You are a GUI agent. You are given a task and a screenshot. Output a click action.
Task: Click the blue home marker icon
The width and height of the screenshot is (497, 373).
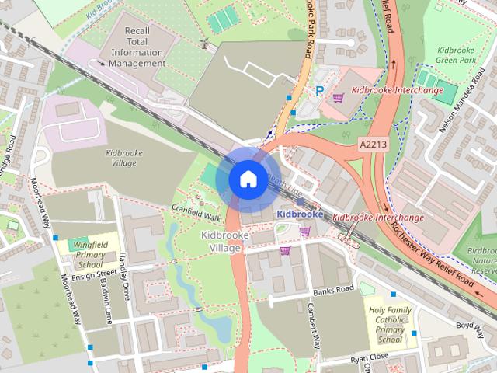(x=247, y=178)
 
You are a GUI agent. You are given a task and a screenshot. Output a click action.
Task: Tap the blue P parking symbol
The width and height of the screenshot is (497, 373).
(x=319, y=91)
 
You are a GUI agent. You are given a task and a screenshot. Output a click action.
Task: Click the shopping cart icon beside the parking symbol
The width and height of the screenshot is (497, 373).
(x=338, y=98)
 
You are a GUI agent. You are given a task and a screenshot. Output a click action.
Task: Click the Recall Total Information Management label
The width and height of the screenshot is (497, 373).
(x=137, y=46)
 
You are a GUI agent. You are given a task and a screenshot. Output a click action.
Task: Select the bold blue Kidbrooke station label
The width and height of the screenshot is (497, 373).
(x=300, y=214)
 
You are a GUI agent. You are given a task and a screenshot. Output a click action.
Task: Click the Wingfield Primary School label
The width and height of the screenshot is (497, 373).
(x=89, y=254)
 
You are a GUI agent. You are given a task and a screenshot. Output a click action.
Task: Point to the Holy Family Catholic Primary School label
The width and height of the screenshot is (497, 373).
(x=390, y=324)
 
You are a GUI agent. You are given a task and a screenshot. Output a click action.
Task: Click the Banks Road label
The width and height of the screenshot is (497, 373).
(x=334, y=290)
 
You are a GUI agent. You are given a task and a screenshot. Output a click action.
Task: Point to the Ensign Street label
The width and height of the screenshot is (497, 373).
(x=93, y=274)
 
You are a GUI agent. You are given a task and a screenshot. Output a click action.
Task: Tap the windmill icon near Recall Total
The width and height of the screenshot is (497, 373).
(x=205, y=44)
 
